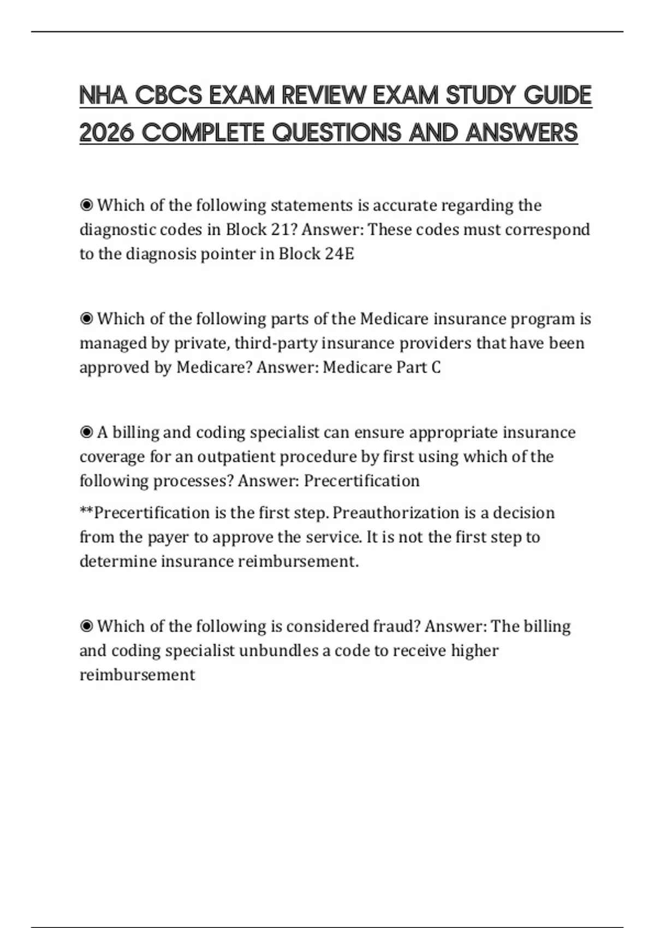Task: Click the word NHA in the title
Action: pos(103,96)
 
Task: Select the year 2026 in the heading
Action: pos(106,133)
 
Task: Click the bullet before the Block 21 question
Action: pos(86,205)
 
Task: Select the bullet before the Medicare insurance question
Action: pos(86,319)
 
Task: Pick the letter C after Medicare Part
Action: pos(436,367)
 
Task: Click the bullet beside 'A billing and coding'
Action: pos(86,432)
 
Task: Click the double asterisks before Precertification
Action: pos(86,512)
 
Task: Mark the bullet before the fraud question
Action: pos(86,626)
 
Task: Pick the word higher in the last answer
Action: pos(474,651)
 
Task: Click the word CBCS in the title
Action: pos(168,96)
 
